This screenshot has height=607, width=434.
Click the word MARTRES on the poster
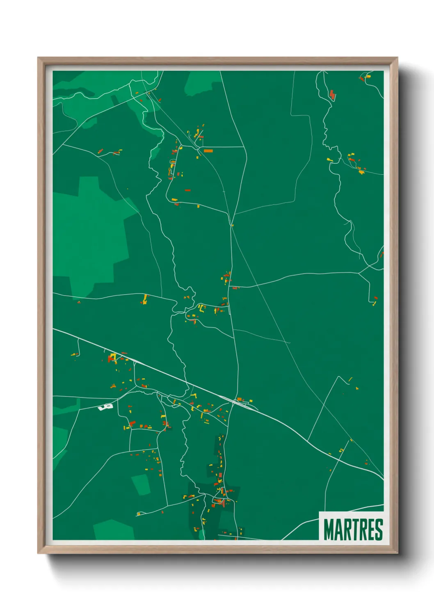[353, 529]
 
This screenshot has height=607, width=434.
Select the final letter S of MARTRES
[378, 529]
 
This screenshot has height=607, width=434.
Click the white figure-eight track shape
[105, 407]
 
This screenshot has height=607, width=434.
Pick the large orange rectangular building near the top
[208, 151]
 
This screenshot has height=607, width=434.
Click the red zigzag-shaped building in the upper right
[332, 95]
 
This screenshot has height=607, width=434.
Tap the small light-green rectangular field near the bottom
[141, 484]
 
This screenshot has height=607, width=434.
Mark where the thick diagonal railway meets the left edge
[54, 329]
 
